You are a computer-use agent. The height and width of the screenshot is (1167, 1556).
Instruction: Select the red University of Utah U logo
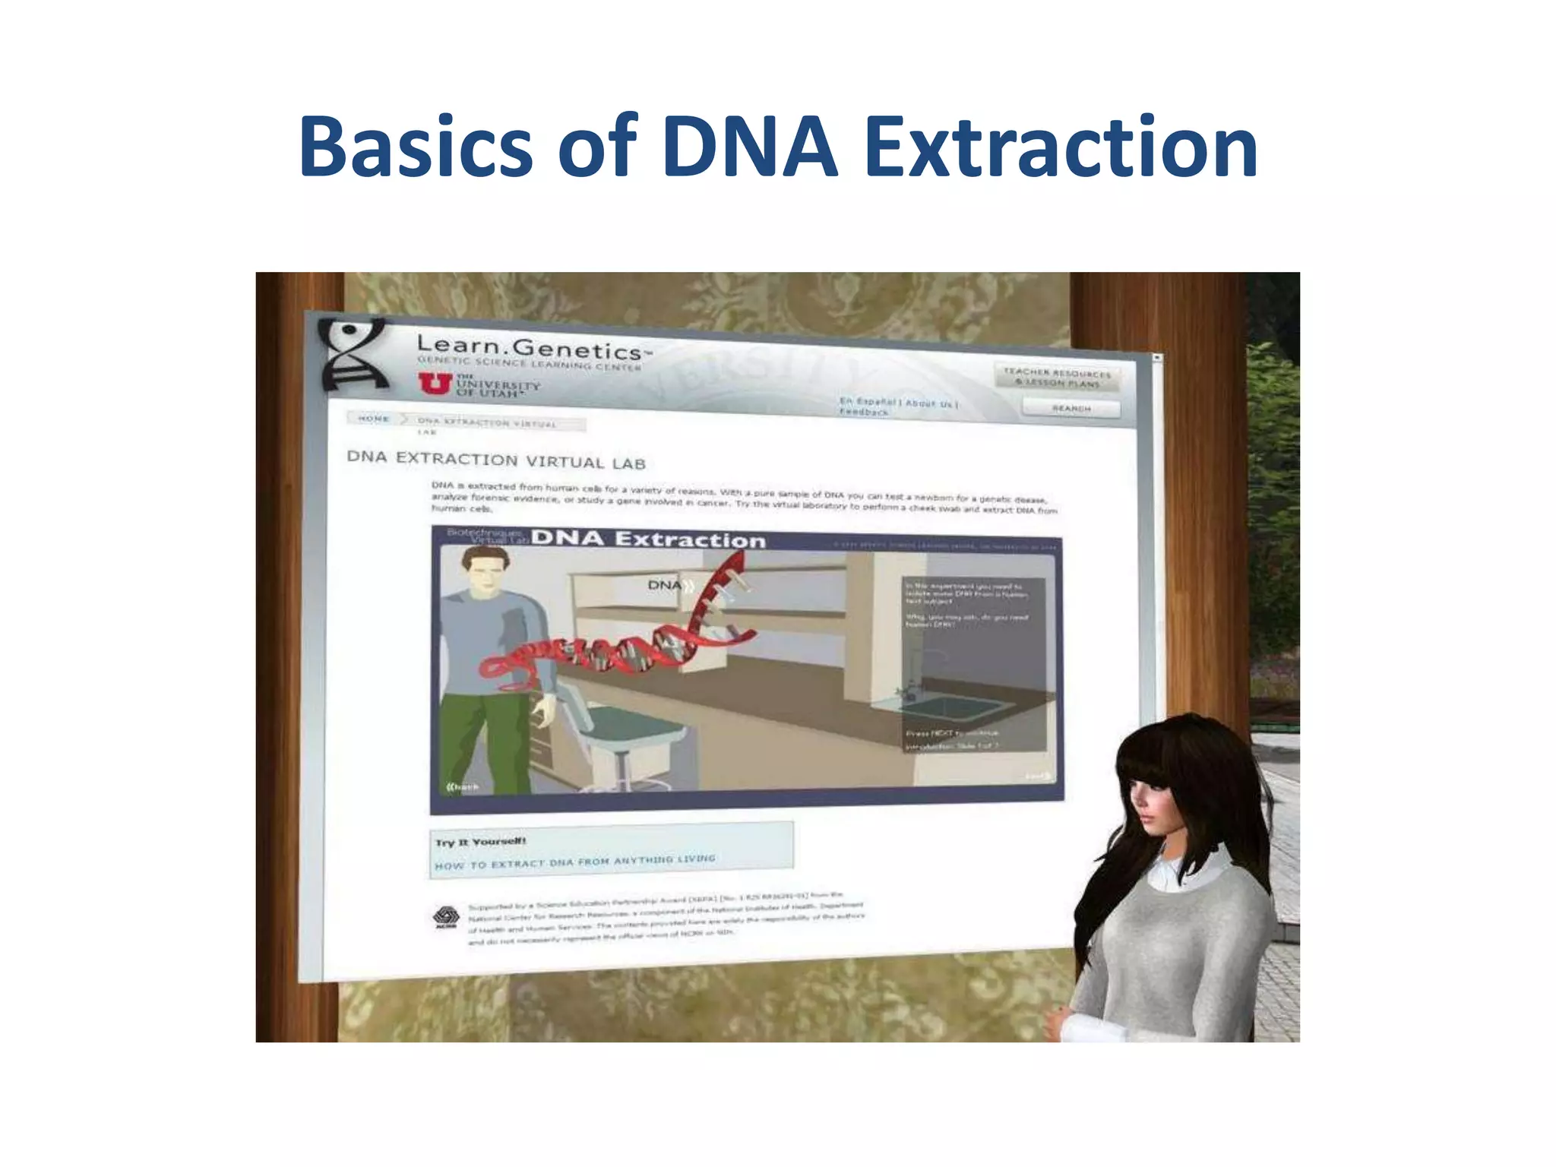(435, 384)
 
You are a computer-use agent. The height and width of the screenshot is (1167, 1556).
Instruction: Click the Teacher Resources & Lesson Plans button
(1057, 378)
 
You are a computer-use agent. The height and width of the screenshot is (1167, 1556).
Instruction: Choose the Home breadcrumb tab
(374, 419)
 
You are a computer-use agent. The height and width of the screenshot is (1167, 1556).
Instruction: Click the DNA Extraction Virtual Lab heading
(496, 460)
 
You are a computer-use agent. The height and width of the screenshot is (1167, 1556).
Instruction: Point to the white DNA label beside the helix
(665, 585)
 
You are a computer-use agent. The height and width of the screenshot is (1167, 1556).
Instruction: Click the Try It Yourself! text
(480, 842)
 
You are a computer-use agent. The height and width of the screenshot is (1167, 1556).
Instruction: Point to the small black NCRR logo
(445, 917)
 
